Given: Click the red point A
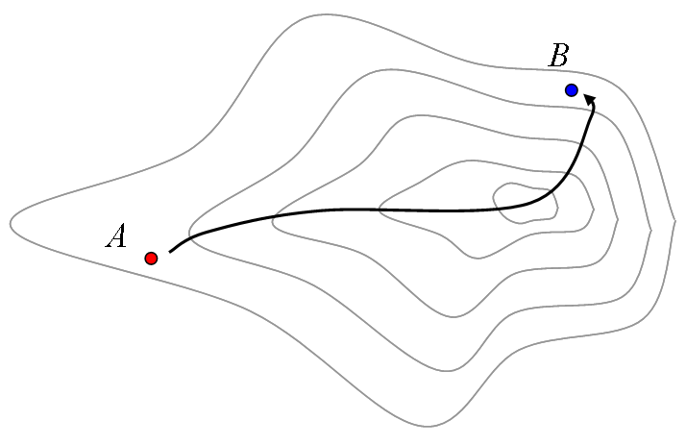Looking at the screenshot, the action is tap(151, 259).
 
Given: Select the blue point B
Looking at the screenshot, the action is tap(572, 90).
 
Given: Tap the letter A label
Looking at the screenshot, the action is tap(116, 235).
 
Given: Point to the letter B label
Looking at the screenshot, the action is tap(558, 55).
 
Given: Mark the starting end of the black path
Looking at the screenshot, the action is tap(170, 252).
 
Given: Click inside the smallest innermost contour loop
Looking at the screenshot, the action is tap(525, 203).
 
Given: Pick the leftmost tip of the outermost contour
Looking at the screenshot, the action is tap(11, 224).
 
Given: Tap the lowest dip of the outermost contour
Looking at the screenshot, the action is tap(428, 427).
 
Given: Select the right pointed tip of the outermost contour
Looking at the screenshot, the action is tap(675, 217).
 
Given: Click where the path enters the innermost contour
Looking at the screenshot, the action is tap(500, 210).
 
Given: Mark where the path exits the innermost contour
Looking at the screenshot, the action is tap(550, 190).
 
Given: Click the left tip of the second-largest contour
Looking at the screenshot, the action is tap(189, 232).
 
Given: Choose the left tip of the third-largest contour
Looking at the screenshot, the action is tap(273, 221).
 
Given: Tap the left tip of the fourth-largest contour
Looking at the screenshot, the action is tap(379, 209).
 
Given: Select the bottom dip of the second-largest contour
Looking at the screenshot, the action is tap(447, 371).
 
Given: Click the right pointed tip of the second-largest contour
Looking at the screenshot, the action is tap(651, 231).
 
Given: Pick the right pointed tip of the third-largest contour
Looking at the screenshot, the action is tap(618, 219).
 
